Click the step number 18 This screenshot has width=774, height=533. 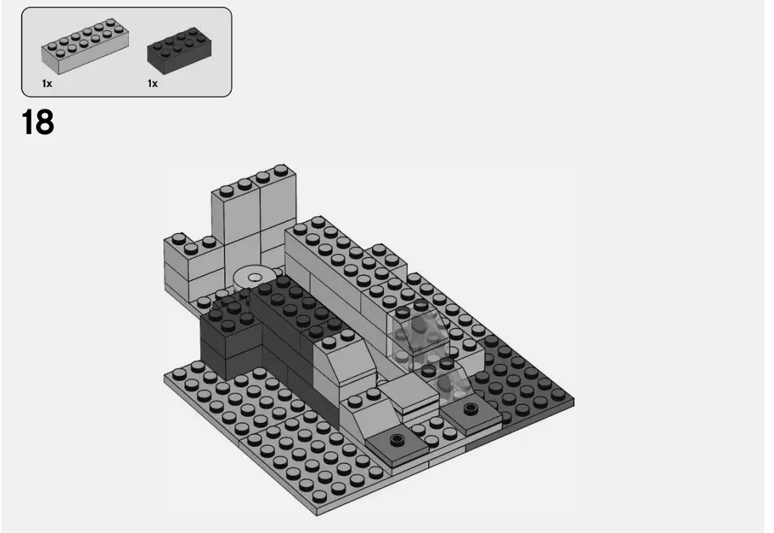[37, 122]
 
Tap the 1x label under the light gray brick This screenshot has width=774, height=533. [47, 84]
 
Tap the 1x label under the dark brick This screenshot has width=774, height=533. [152, 84]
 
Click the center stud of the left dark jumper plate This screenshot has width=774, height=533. [397, 436]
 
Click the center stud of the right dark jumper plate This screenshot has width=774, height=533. [470, 409]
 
